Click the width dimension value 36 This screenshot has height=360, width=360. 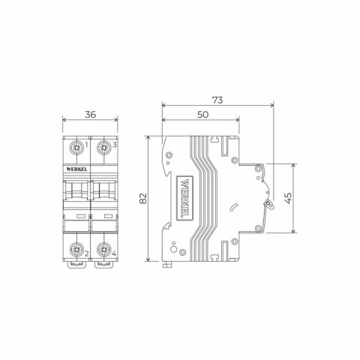[90, 115]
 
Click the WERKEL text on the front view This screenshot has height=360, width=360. [76, 170]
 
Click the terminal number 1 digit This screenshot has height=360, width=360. [87, 145]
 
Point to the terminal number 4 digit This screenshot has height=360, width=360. [114, 253]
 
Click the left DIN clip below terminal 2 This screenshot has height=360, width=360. [77, 263]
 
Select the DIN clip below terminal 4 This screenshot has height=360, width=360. [103, 263]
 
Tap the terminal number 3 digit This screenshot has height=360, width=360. [114, 145]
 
